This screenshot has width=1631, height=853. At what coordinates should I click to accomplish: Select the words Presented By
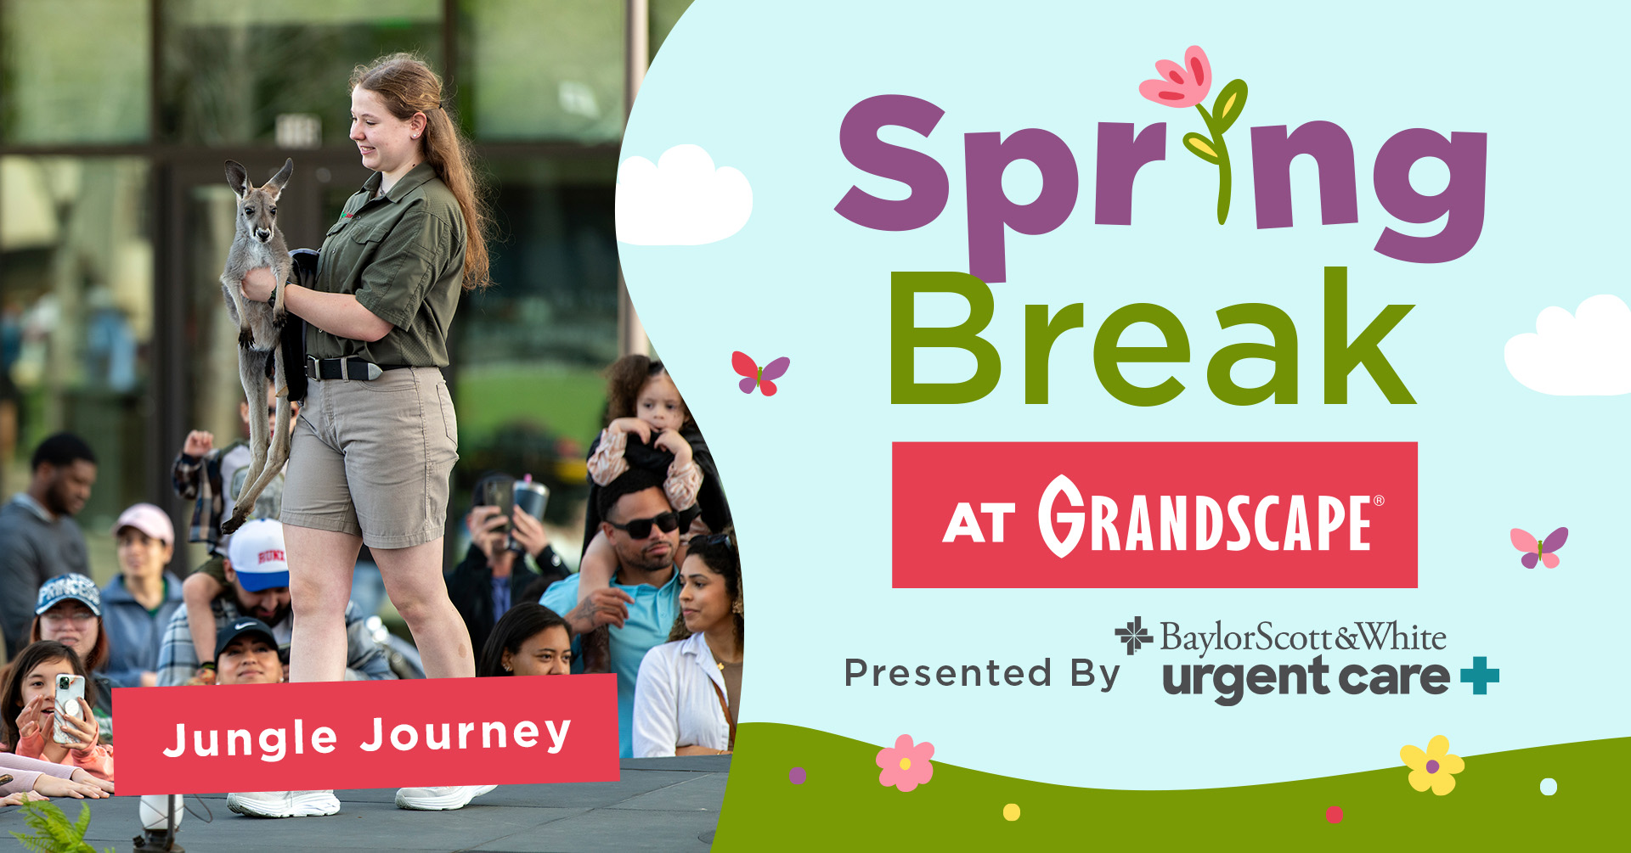click(981, 673)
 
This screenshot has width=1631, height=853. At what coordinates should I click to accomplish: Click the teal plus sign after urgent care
click(1480, 676)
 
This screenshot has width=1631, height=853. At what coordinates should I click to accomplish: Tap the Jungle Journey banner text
click(367, 736)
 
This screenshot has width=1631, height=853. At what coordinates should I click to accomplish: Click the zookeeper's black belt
click(344, 369)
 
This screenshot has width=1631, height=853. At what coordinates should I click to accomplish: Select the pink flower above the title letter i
click(1177, 79)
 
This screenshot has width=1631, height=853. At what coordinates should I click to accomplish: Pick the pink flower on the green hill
click(905, 762)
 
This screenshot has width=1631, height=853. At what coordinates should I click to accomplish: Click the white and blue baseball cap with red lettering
click(258, 557)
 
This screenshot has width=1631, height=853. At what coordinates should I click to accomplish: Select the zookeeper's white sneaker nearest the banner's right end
click(442, 797)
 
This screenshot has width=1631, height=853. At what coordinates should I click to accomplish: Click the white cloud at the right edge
click(1572, 348)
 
